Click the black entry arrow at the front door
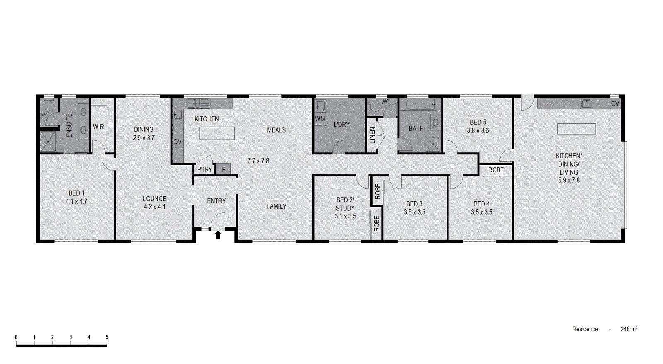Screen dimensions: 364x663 pos(218,235)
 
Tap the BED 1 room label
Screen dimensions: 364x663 pos(77,193)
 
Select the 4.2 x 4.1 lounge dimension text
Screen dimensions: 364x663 pos(155,206)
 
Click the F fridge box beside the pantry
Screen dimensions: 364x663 pos(223,170)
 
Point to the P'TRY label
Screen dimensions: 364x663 pos(204,170)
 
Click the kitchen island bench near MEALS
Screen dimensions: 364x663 pos(217,133)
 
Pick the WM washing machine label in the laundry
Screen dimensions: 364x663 pos(320,119)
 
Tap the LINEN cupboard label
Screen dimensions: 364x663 pos(372,135)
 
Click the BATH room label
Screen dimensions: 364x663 pos(416,129)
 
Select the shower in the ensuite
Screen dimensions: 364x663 pos(48,141)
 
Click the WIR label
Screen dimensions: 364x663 pos(98,127)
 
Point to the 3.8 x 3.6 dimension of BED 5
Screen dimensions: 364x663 pos(478,131)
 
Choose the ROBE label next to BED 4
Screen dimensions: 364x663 pos(496,170)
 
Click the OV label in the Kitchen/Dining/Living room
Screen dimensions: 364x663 pos(615,104)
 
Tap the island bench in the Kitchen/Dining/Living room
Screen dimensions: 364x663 pos(576,129)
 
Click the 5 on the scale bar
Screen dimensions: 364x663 pos(107,337)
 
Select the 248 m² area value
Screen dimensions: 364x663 pos(629,329)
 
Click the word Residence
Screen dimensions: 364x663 pos(585,329)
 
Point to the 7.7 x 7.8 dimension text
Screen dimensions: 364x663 pos(258,161)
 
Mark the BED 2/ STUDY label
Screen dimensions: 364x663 pos(345,204)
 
